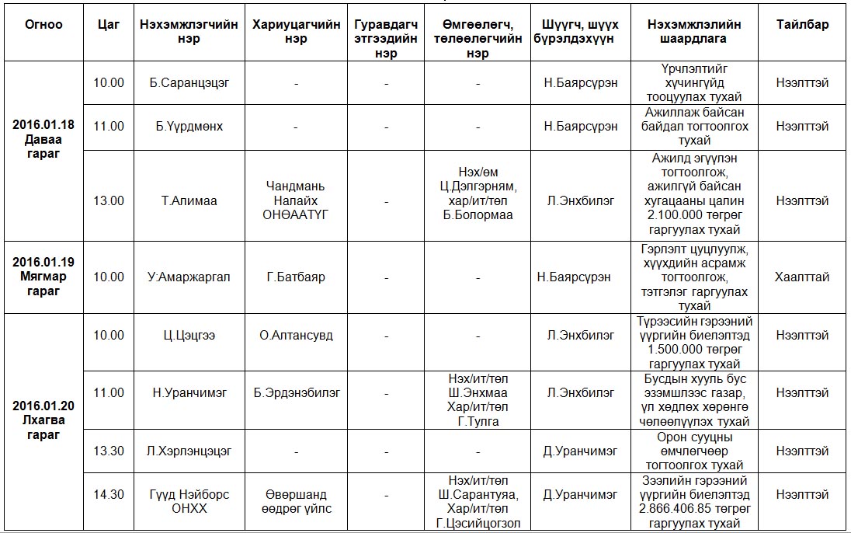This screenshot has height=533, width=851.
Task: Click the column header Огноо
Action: tap(43, 24)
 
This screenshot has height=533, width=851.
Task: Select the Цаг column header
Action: tap(109, 24)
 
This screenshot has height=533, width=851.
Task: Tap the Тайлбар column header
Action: tap(802, 24)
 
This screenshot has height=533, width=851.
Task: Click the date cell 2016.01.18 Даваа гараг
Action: tap(43, 140)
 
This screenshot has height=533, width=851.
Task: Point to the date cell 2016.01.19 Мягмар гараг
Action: tap(43, 276)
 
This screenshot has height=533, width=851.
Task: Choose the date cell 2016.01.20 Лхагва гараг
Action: tap(43, 420)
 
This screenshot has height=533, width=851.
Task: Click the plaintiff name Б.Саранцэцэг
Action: tap(189, 82)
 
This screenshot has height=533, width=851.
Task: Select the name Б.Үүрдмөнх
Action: tap(189, 126)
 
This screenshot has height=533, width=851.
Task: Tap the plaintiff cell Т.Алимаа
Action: tap(189, 200)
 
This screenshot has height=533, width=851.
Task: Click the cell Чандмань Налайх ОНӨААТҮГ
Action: tap(296, 200)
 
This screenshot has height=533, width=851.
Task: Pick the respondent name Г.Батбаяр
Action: tap(296, 277)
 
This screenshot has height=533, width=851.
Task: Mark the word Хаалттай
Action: tap(802, 277)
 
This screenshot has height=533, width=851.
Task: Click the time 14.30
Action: tap(109, 494)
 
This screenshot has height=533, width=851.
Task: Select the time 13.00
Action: tap(109, 200)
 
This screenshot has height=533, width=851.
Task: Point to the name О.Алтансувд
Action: tap(296, 336)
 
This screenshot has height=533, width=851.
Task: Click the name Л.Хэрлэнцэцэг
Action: tap(189, 451)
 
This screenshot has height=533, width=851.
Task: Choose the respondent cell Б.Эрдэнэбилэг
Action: tap(296, 393)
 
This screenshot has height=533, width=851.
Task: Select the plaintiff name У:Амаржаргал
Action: tap(189, 277)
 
